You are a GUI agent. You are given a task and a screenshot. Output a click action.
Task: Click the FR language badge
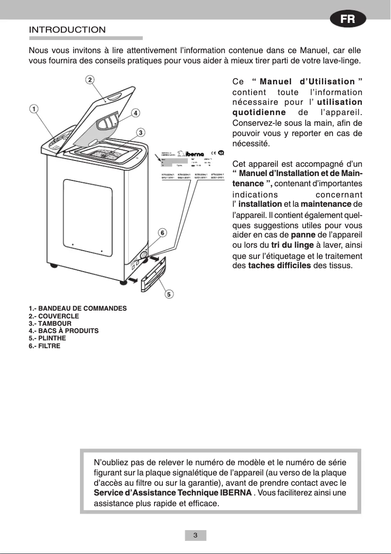tap(347, 20)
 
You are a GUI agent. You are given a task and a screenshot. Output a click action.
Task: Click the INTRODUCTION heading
tap(67, 30)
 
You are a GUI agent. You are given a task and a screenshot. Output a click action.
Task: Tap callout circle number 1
tap(34, 109)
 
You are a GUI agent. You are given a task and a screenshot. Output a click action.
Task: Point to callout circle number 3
tap(140, 132)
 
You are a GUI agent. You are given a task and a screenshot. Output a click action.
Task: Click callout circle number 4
tap(136, 113)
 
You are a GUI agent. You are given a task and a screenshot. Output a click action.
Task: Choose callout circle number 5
tap(169, 294)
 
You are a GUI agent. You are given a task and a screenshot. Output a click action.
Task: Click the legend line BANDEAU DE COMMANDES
tap(78, 309)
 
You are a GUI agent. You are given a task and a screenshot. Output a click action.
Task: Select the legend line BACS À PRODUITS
tap(63, 331)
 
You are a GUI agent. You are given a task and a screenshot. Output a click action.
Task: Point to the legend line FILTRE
tap(45, 346)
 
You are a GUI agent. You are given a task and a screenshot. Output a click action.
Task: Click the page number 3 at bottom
tap(195, 535)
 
